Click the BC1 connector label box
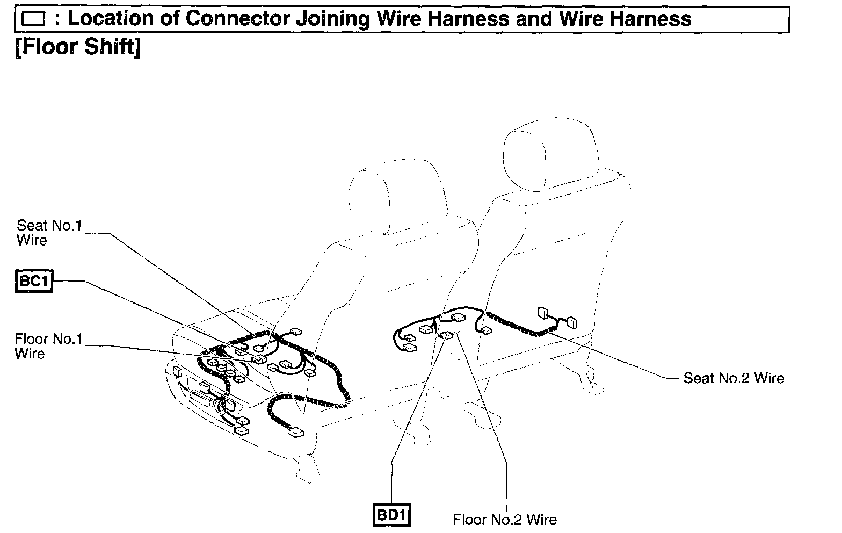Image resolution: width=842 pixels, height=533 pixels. [34, 281]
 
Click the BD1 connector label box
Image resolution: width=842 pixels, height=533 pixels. [391, 515]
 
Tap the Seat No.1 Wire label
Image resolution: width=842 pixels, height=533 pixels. [49, 232]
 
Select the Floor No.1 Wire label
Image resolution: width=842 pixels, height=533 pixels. [49, 346]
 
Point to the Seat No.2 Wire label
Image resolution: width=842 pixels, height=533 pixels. [734, 378]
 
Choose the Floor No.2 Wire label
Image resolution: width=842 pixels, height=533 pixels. [505, 520]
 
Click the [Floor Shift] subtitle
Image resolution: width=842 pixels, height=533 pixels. [78, 47]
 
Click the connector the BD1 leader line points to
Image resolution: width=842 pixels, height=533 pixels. [446, 336]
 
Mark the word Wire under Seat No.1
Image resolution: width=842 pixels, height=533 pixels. [32, 240]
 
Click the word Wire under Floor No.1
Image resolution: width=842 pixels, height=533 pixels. [30, 354]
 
